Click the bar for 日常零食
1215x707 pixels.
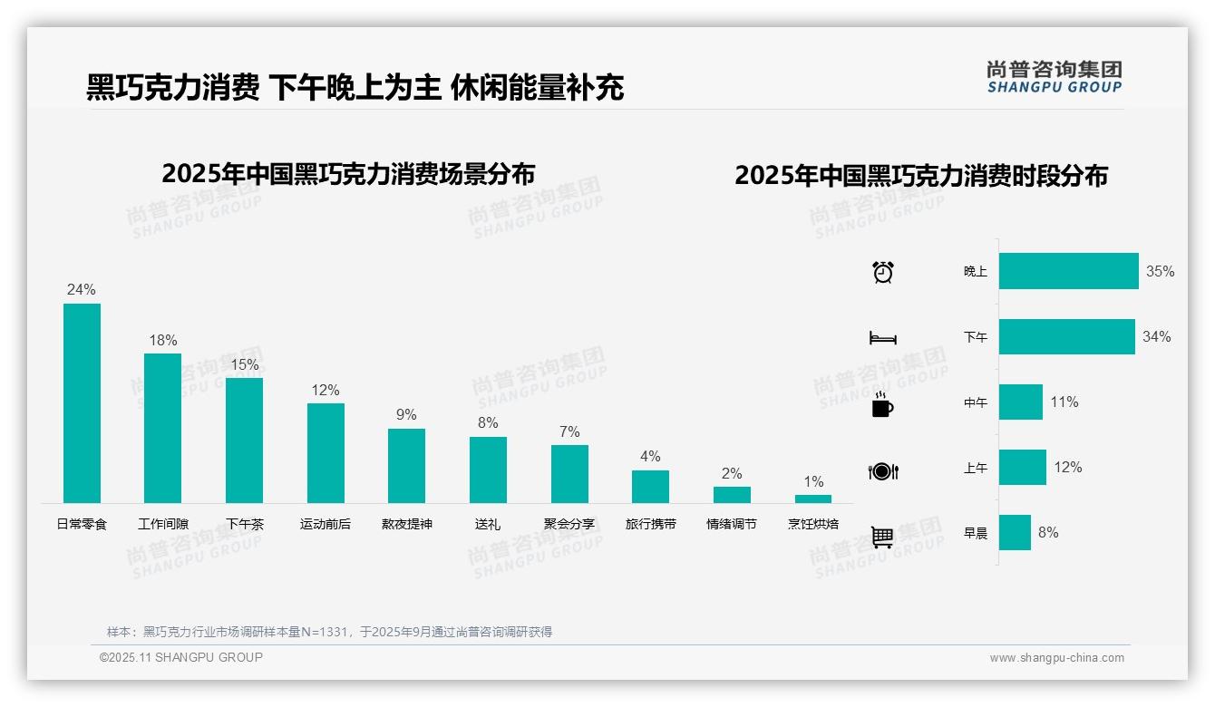[82, 403]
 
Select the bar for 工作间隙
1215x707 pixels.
[163, 428]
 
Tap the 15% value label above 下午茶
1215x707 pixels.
[244, 364]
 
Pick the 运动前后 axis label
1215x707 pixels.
[326, 524]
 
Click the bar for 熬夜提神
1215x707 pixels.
[406, 466]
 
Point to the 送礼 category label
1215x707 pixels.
[488, 524]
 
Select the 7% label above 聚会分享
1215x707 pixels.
[569, 431]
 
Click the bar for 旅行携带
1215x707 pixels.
[650, 487]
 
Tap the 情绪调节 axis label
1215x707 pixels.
[732, 524]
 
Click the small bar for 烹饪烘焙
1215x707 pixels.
[813, 499]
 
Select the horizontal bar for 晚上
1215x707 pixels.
[1068, 271]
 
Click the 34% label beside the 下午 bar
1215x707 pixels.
[1157, 336]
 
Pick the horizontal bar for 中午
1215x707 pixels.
[1021, 402]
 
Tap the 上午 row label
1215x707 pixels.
[976, 468]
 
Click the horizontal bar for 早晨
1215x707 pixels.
[1015, 532]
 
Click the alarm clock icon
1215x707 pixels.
[883, 272]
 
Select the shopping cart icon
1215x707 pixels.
[882, 537]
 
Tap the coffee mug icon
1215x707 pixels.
[882, 405]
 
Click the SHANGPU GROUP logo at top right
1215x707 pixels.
[1054, 77]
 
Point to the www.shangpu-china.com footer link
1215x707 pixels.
[1056, 658]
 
